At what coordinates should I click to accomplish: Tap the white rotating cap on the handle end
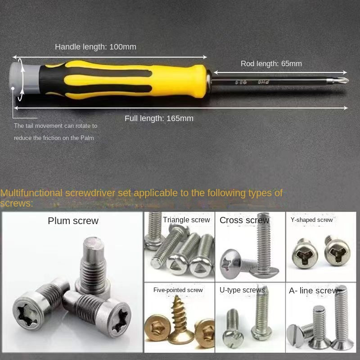16,77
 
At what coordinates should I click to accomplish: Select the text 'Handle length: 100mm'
95,47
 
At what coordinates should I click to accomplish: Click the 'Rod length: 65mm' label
271,63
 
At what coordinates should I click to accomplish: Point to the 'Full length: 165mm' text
159,118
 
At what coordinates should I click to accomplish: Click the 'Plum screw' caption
73,221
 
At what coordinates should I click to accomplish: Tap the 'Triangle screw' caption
186,220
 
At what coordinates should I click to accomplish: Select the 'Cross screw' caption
244,220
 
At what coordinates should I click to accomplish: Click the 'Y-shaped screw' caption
311,220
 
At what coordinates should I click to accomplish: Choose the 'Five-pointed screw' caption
178,290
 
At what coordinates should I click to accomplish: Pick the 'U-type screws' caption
242,290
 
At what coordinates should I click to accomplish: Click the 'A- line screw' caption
313,291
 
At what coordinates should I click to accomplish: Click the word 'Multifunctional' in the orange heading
31,193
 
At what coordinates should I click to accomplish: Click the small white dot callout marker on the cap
13,88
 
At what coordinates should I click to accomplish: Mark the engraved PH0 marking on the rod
263,82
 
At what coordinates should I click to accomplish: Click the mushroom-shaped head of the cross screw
230,264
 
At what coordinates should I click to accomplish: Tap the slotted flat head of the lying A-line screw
295,335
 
